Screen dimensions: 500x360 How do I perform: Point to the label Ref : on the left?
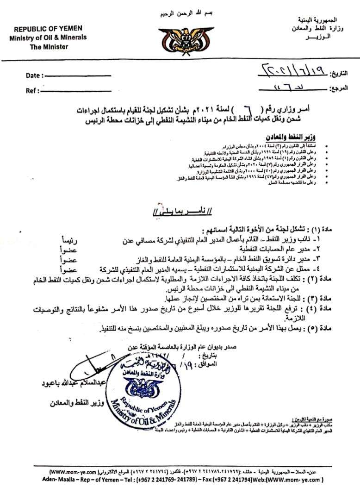tap(32, 91)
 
